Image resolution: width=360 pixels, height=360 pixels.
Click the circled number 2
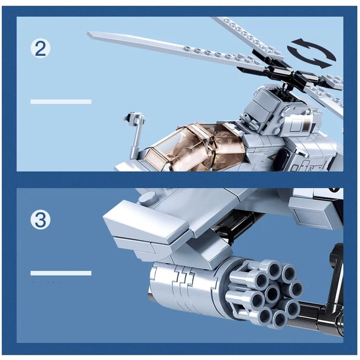pyautogui.click(x=41, y=49)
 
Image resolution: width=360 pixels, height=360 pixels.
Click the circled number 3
pyautogui.click(x=41, y=220)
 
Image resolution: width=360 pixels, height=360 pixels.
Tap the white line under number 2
pyautogui.click(x=61, y=102)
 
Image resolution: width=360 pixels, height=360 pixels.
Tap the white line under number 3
pyautogui.click(x=61, y=273)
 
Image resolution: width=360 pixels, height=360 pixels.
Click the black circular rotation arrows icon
pyautogui.click(x=311, y=52)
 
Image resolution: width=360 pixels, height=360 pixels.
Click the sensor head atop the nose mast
pyautogui.click(x=136, y=119)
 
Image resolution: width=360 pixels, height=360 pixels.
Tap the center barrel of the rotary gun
pyautogui.click(x=271, y=293)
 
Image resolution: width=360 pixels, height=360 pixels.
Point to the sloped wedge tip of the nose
pyautogui.click(x=139, y=221)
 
